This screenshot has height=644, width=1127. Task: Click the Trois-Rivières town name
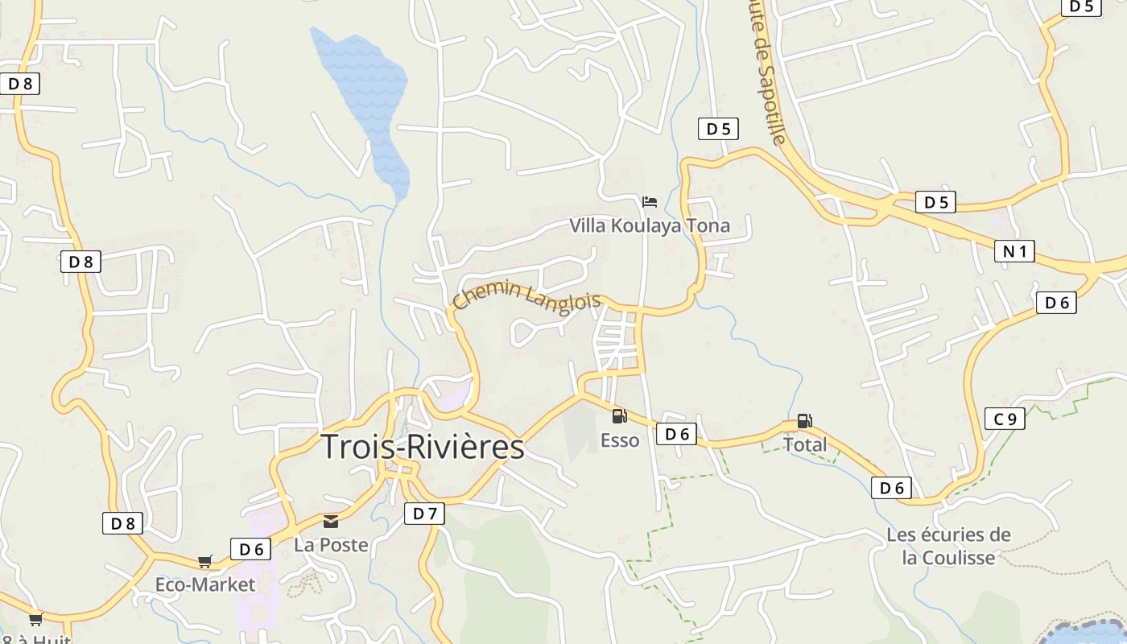click(423, 448)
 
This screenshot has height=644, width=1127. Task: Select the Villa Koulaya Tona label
click(650, 225)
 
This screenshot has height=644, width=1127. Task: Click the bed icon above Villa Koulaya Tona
click(650, 201)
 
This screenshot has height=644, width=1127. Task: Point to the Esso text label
click(620, 440)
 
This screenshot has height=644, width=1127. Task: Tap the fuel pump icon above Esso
click(619, 416)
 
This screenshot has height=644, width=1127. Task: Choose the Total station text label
click(805, 444)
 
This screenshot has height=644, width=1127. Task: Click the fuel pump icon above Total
click(804, 420)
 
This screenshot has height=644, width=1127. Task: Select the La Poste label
click(331, 545)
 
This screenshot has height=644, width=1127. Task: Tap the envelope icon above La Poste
click(331, 521)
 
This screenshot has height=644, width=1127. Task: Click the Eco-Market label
click(205, 584)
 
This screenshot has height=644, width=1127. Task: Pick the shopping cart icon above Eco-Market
click(205, 561)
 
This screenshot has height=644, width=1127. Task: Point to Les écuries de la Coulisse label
click(948, 546)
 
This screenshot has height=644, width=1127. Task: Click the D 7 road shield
click(424, 514)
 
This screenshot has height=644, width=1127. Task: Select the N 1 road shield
click(1015, 252)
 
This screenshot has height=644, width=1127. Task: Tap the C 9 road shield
click(1005, 419)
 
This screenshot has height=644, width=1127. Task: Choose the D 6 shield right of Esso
click(676, 434)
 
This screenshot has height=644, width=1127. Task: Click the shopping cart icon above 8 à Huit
click(35, 619)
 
